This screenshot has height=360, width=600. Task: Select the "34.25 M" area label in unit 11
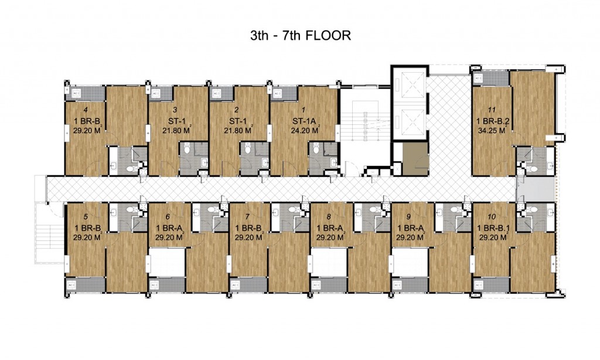coord(491,132)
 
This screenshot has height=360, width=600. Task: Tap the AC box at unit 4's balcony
coord(76,92)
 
